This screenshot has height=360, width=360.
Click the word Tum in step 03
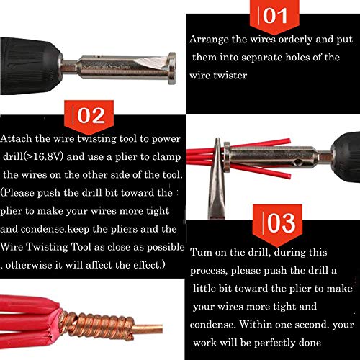[202, 253]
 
